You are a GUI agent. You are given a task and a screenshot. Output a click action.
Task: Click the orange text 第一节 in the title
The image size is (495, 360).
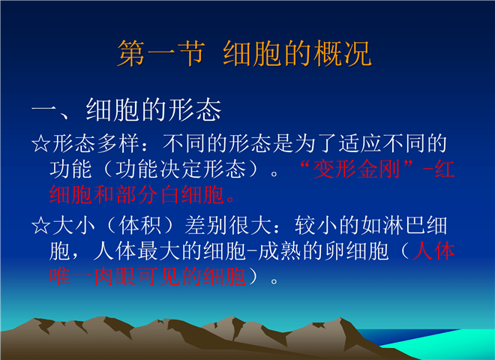(x=161, y=53)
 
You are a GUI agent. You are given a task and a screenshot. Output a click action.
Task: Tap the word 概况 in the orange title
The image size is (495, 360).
(x=343, y=53)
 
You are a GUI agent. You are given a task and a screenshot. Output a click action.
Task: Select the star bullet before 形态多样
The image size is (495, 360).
(x=40, y=144)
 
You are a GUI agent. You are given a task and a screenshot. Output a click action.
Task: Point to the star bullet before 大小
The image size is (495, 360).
(x=40, y=226)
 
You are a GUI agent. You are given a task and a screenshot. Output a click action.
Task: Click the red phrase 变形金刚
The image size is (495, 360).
(x=357, y=169)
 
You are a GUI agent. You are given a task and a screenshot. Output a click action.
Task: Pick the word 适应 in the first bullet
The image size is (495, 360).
(x=361, y=144)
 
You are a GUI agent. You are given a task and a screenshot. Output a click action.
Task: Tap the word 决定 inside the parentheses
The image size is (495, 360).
(x=181, y=169)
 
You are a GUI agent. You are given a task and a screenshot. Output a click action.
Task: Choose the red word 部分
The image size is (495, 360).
(x=137, y=194)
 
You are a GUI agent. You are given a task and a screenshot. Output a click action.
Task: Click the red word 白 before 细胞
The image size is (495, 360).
(x=170, y=194)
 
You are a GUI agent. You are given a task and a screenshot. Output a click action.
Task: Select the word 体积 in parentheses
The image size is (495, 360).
(x=140, y=226)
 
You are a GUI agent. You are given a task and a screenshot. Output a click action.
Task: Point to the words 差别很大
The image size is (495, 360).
(x=228, y=226)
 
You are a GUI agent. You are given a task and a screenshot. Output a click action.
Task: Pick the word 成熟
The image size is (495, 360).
(x=280, y=251)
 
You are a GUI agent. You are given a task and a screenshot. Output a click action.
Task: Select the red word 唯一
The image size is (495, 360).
(x=71, y=276)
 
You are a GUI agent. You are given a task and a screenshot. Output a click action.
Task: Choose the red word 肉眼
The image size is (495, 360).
(x=115, y=276)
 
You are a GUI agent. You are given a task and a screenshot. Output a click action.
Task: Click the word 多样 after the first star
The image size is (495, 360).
(x=118, y=144)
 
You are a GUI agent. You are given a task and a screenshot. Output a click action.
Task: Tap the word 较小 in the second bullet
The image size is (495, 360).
(x=316, y=226)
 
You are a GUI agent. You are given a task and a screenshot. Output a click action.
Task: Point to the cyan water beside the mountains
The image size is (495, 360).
(x=448, y=345)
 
